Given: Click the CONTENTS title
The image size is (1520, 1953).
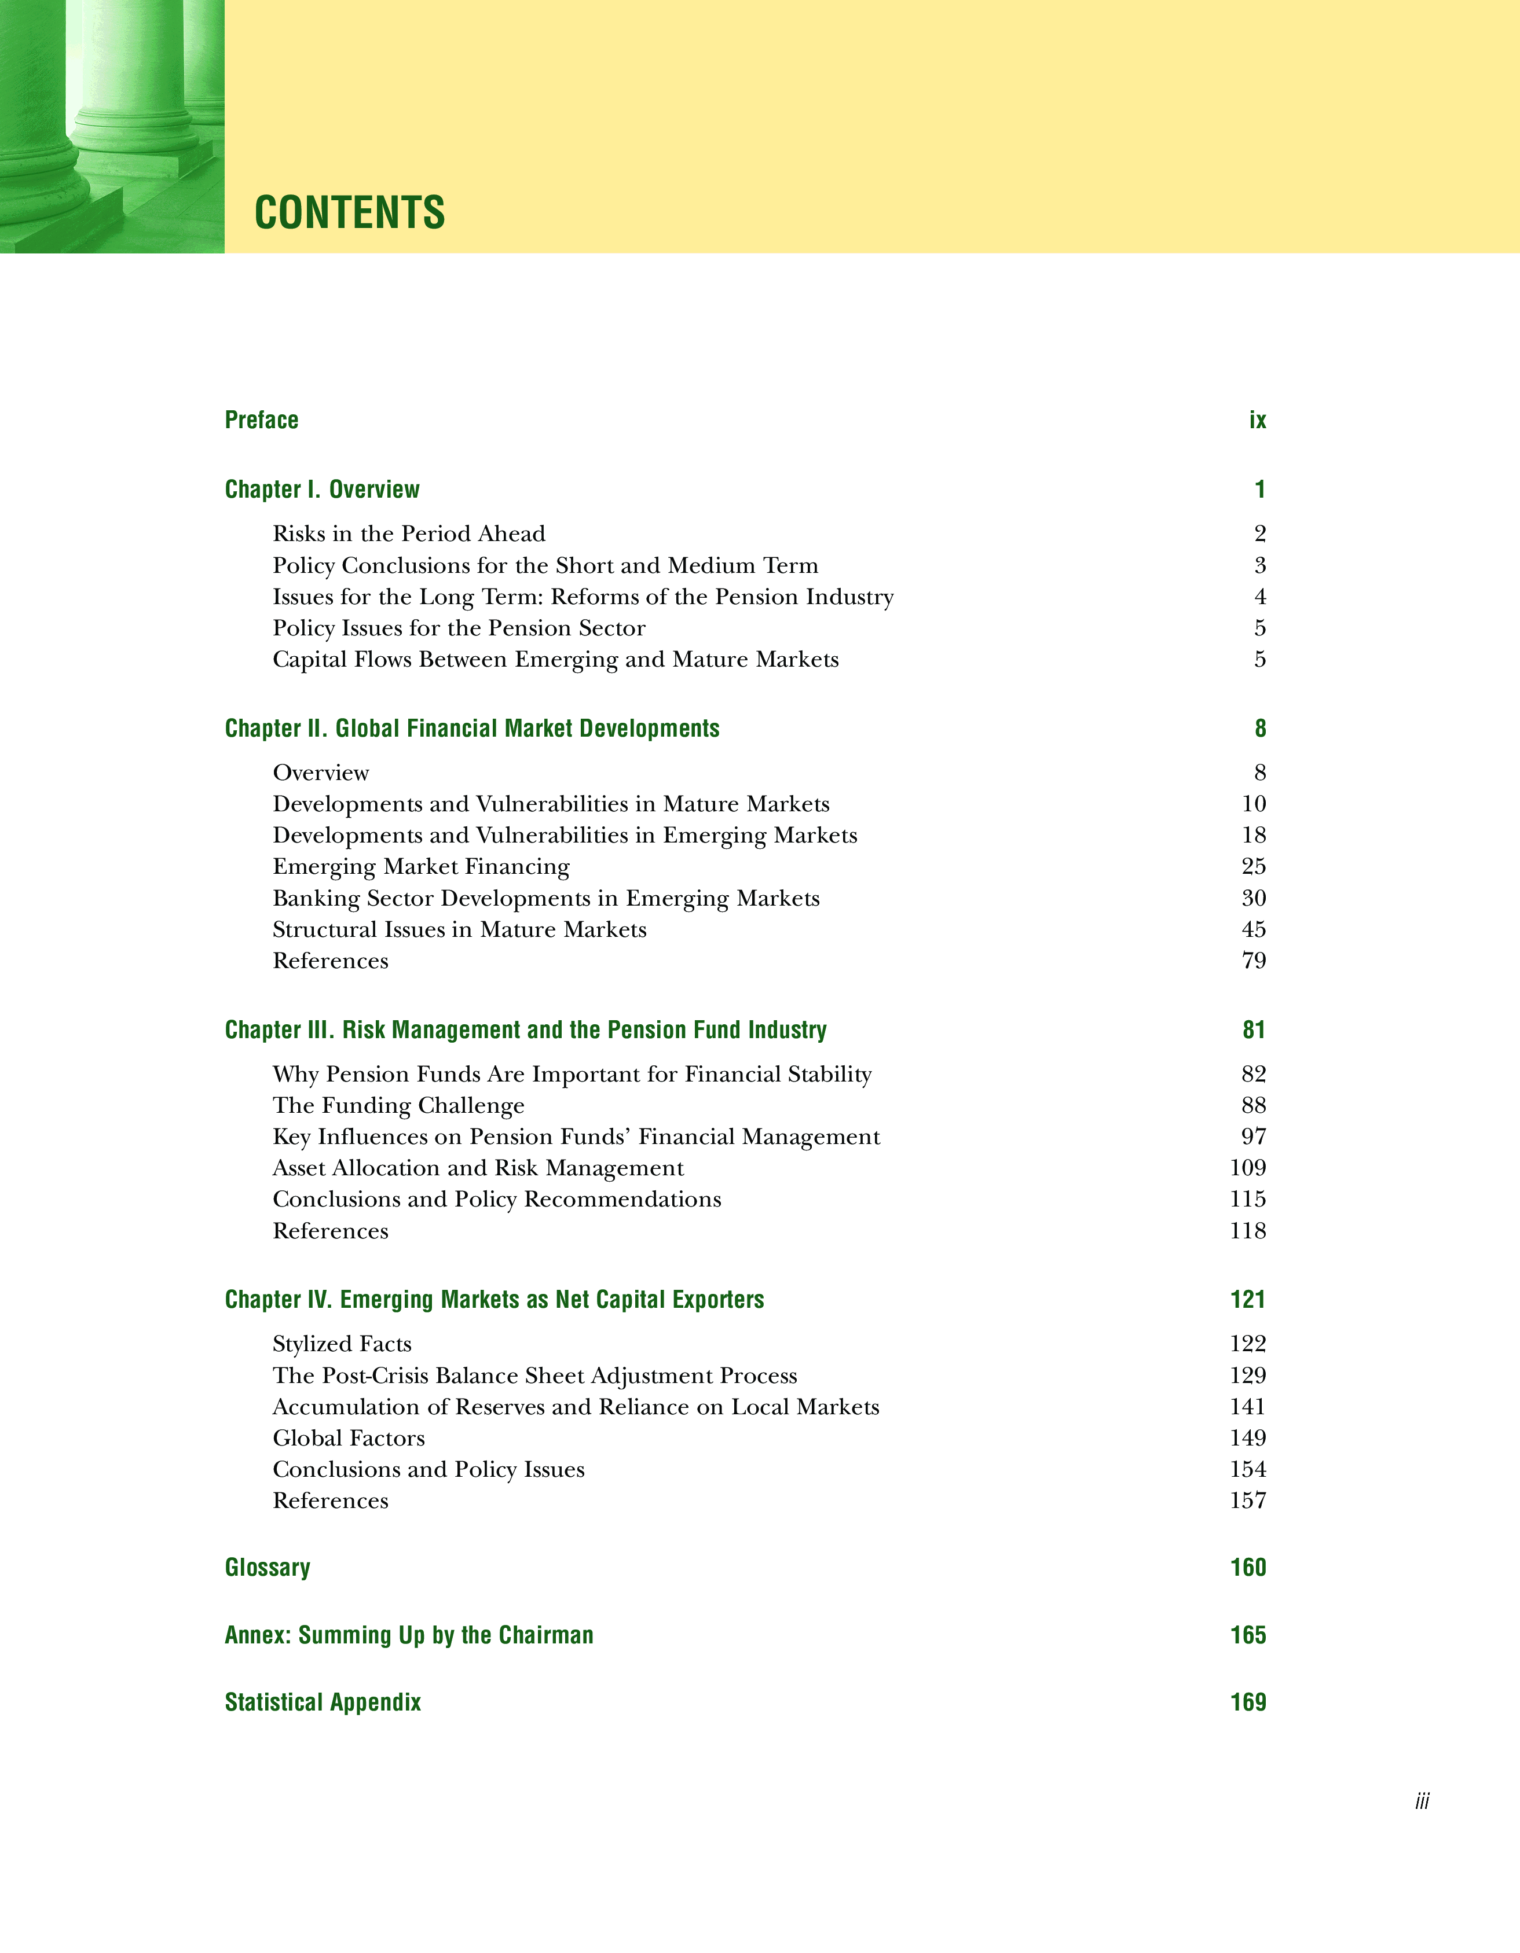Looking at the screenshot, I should (x=349, y=213).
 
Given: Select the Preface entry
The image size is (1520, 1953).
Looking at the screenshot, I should (x=261, y=420).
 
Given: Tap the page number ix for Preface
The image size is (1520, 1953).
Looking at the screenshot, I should (x=1257, y=420).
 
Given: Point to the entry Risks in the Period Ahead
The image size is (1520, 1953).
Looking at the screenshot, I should (x=409, y=534).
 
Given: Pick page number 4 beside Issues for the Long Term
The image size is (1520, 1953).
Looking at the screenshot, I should (x=1259, y=597).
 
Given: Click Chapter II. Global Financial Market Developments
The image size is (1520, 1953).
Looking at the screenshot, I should (x=471, y=729).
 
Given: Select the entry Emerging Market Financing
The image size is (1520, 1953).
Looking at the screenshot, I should (x=420, y=866).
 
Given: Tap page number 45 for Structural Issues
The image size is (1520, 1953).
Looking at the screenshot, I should (x=1254, y=929).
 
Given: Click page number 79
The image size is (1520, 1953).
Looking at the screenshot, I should (x=1254, y=961).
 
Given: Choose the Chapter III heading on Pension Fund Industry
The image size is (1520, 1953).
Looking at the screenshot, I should (x=525, y=1030).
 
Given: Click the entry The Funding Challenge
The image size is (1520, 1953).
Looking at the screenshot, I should (x=398, y=1105).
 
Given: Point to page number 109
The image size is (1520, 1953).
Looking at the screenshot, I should (x=1247, y=1168).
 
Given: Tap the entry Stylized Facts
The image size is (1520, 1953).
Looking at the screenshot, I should (x=342, y=1344).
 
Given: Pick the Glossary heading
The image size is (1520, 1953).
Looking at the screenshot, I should (x=268, y=1568).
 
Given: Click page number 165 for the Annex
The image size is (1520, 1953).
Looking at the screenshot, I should (x=1247, y=1635).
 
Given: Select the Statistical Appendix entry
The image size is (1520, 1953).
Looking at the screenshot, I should (x=322, y=1702).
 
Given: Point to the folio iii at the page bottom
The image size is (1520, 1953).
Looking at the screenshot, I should (x=1422, y=1801).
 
